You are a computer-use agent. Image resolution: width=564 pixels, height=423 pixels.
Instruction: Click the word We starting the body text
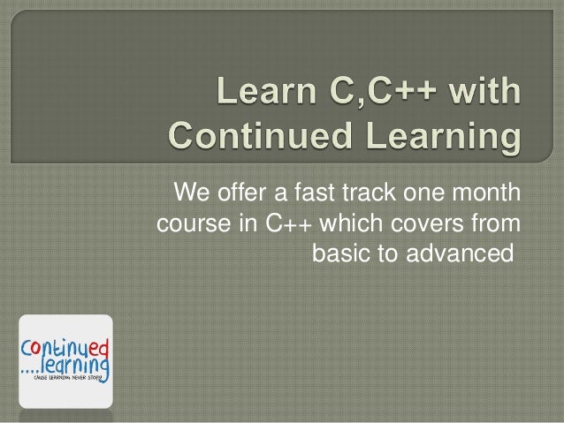click(191, 192)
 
